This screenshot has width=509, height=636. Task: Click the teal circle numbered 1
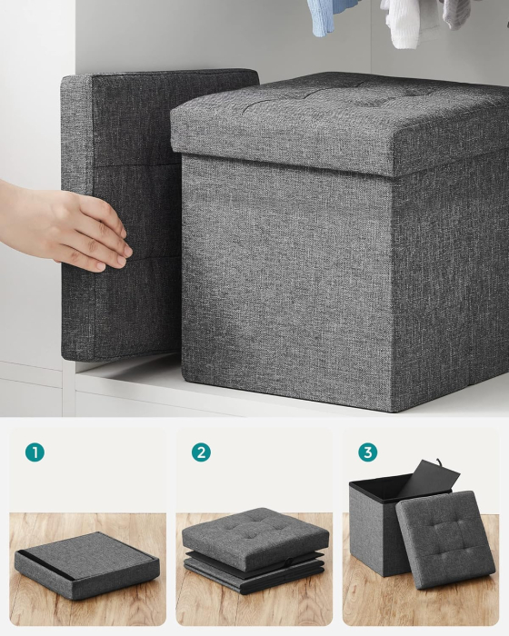pos(35,452)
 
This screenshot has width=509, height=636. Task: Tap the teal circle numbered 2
pos(201,452)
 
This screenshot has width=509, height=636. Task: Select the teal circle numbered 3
pos(367,452)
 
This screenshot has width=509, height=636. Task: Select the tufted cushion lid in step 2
pos(254,535)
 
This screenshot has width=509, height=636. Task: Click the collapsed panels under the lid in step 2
pos(254,573)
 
